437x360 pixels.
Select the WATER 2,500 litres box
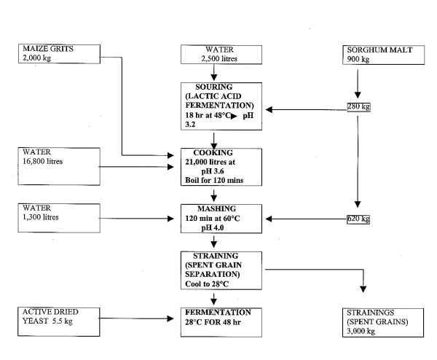(214, 55)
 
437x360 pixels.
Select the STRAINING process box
(216, 268)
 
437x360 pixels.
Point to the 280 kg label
(358, 108)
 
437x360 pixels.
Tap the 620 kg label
(358, 219)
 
